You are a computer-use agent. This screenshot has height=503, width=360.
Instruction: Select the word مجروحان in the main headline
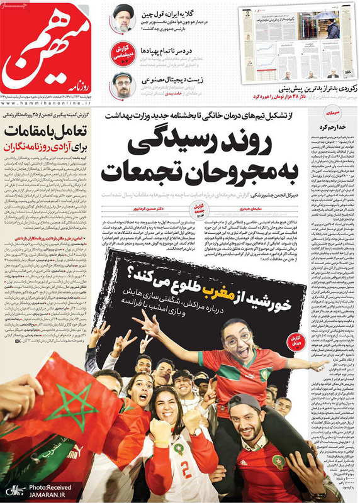[x=233, y=170]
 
